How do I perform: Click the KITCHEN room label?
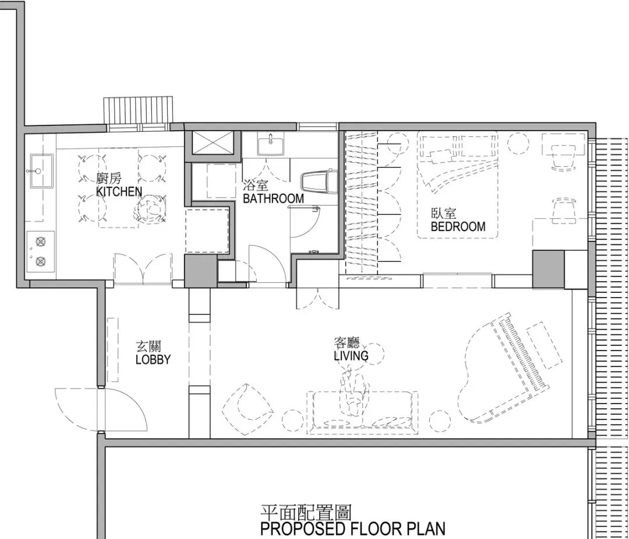[119, 191]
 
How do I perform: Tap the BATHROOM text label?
[273, 198]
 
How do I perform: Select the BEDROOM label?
[458, 226]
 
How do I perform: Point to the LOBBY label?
[153, 359]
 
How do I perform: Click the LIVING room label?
[351, 355]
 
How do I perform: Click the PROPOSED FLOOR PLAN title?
[352, 528]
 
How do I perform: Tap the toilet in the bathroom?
[319, 182]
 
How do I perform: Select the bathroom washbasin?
[270, 145]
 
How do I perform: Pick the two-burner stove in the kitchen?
[41, 252]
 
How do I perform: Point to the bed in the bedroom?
[458, 185]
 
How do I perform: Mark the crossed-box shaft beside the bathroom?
[212, 143]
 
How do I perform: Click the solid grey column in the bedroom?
[549, 269]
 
